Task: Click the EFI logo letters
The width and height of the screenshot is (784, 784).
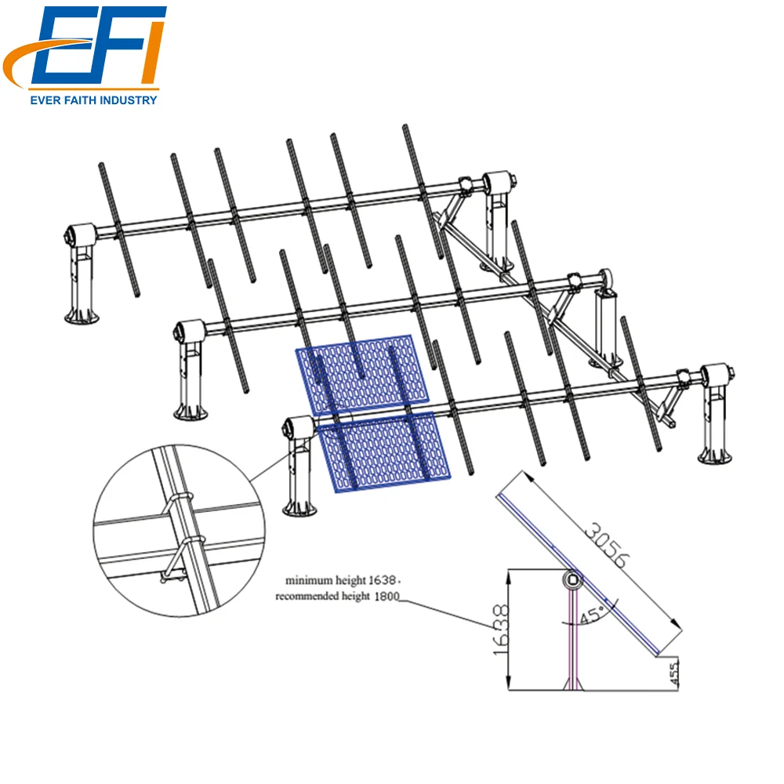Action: click(x=98, y=49)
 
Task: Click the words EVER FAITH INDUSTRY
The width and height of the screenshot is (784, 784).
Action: click(x=93, y=100)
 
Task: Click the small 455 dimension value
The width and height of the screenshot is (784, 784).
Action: click(x=674, y=673)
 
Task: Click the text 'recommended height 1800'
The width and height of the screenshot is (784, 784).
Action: click(x=338, y=597)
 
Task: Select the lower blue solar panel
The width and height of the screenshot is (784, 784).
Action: click(x=379, y=452)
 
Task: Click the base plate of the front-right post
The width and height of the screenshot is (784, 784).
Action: click(x=718, y=454)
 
